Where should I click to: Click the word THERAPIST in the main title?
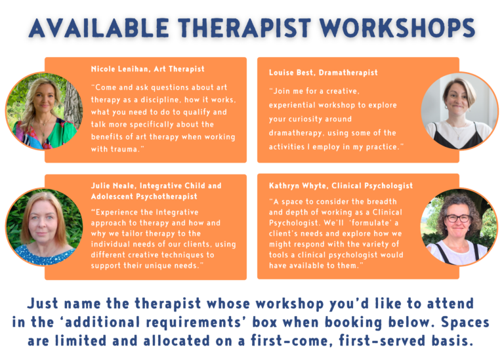coord(245,27)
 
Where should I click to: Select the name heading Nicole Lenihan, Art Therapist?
coord(148,69)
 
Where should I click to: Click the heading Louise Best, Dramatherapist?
coord(323,73)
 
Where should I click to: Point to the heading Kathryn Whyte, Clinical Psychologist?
coord(341,186)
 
